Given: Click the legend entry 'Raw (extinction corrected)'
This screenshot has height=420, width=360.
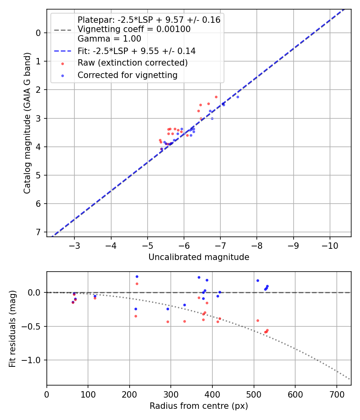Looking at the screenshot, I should click(x=132, y=63).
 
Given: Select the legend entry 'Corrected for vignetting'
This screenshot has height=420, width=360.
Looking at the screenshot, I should click(x=127, y=75).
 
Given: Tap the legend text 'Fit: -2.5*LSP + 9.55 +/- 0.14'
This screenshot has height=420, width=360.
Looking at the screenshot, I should click(x=136, y=51).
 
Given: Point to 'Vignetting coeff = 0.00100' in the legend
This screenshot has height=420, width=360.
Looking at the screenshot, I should click(x=134, y=29).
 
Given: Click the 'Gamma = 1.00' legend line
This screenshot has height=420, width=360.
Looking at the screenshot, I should click(x=109, y=39).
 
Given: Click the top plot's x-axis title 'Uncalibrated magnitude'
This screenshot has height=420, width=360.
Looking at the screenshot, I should click(x=199, y=257).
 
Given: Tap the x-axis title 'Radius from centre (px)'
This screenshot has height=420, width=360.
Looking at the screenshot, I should click(x=199, y=406).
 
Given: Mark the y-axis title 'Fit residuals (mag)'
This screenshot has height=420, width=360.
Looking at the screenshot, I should click(x=12, y=328).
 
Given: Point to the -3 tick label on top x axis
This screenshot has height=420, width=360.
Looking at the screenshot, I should click(x=74, y=245).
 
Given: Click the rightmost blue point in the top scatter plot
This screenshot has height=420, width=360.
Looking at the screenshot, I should click(x=238, y=97).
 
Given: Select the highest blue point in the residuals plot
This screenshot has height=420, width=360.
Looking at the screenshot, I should click(x=137, y=276).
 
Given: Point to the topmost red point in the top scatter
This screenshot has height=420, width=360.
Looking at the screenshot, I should click(x=216, y=97).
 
